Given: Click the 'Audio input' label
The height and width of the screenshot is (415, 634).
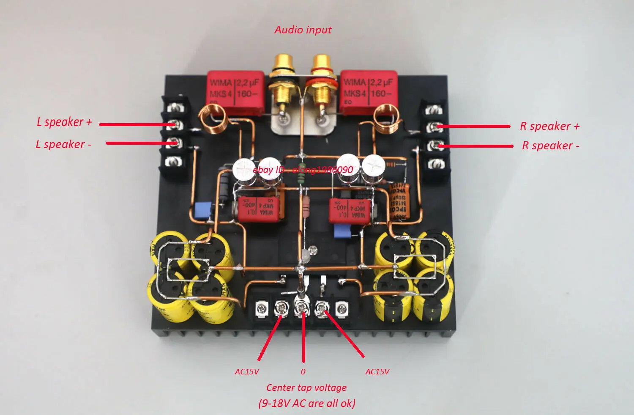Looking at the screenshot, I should [x=303, y=30].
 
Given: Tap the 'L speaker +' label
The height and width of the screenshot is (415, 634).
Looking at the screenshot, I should [x=64, y=122].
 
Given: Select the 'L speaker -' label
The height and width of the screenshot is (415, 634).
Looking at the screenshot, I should [x=63, y=145].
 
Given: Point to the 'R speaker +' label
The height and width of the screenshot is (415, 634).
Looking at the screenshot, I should [x=549, y=126].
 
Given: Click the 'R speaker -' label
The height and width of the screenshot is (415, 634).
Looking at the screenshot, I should [x=550, y=146].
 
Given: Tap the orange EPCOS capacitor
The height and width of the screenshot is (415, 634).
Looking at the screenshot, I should [x=397, y=201].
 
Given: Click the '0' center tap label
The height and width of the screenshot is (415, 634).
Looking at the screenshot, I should [x=303, y=372].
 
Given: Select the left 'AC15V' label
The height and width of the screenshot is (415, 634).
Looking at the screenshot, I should [x=247, y=372].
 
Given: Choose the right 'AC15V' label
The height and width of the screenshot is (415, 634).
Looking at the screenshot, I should [x=377, y=372].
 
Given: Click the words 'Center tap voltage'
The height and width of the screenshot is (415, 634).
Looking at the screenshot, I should [x=306, y=388].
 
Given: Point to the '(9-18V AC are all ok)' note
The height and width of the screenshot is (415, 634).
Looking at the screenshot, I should [x=307, y=403].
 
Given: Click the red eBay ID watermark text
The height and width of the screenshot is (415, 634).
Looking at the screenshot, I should [x=303, y=170].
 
